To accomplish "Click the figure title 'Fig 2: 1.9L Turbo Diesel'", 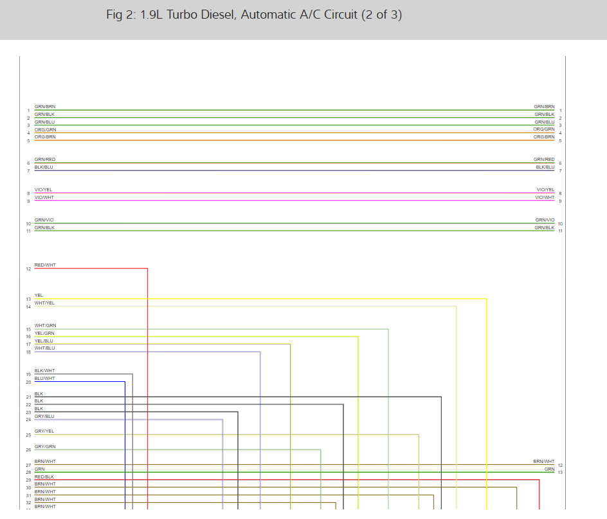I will [254, 15].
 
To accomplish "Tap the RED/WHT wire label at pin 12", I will [45, 265].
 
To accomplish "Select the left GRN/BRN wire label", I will [45, 106].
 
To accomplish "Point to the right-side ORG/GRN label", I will [543, 129].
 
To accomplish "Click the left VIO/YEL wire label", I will [44, 189].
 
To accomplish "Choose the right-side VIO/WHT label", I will [544, 197].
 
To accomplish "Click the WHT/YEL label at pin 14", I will [44, 303].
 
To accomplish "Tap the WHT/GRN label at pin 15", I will [45, 325].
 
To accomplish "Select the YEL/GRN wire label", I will [44, 333].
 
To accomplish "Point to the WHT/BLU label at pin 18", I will [44, 348].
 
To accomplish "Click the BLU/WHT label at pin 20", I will [44, 379].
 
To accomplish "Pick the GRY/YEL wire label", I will [44, 431].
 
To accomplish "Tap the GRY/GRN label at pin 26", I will [45, 446].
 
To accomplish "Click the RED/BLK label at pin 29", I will [44, 477].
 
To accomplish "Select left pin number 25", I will [28, 435].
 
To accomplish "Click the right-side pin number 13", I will [560, 473].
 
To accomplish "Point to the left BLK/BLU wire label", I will [44, 167].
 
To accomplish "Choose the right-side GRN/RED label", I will [544, 159].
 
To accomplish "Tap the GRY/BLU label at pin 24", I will [44, 417].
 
